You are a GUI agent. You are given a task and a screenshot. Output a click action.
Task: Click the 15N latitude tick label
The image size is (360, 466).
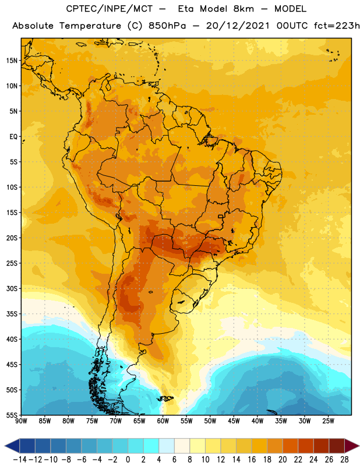click(x=12, y=61)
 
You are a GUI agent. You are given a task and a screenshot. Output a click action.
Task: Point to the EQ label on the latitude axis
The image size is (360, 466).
click(x=13, y=137)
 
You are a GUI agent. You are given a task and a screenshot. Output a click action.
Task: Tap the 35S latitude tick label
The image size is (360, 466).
click(x=12, y=314)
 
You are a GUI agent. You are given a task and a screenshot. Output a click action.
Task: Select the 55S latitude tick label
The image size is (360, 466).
click(x=12, y=415)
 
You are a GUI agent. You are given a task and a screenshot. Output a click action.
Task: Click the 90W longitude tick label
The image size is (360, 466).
click(x=21, y=421)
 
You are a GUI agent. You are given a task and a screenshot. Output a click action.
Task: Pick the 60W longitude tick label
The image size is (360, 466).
click(x=163, y=421)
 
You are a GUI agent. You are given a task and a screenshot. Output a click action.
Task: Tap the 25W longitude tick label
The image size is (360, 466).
click(x=328, y=421)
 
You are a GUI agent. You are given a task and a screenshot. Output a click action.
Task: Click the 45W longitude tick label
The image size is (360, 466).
click(x=234, y=421)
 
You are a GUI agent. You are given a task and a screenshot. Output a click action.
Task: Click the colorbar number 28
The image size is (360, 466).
click(x=344, y=460)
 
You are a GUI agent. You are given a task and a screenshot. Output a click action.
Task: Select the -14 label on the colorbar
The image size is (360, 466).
click(x=20, y=460)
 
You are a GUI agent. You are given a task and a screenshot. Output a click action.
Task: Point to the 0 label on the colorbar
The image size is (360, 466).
click(x=128, y=460)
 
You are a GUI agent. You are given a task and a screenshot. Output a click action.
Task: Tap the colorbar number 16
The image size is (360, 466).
click(x=252, y=460)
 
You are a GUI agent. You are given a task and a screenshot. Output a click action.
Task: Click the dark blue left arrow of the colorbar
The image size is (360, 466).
click(x=12, y=446)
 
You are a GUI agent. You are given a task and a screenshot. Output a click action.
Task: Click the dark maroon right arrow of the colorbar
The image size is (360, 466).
click(x=352, y=446)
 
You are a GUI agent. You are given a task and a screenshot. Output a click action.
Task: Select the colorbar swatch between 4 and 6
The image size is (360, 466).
click(x=167, y=446)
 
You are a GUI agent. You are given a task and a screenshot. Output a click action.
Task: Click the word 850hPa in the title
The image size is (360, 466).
click(x=167, y=26)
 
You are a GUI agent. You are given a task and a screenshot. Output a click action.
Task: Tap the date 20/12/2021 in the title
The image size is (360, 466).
click(x=238, y=26)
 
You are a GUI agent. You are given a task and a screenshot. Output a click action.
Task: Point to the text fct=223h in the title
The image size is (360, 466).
click(x=337, y=26)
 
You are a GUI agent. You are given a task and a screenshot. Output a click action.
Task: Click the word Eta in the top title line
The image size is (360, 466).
click(x=186, y=9)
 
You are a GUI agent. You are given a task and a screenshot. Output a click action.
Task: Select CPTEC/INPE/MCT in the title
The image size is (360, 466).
click(x=109, y=9)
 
